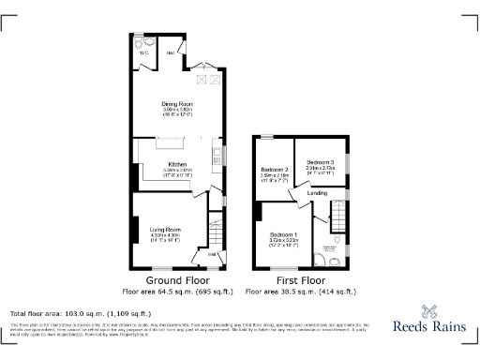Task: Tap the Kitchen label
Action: pos(177,164)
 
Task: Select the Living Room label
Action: pos(165,229)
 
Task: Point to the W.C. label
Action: pos(144,52)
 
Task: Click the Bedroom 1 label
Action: pos(283,233)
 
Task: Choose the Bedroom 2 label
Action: pos(273,168)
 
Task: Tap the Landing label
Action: pos(318,193)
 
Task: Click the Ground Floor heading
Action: pos(178,279)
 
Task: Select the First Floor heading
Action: pos(300,279)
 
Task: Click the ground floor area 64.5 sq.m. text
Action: pos(178,292)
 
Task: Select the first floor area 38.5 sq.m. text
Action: pos(300,292)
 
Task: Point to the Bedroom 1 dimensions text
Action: pos(283,241)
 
